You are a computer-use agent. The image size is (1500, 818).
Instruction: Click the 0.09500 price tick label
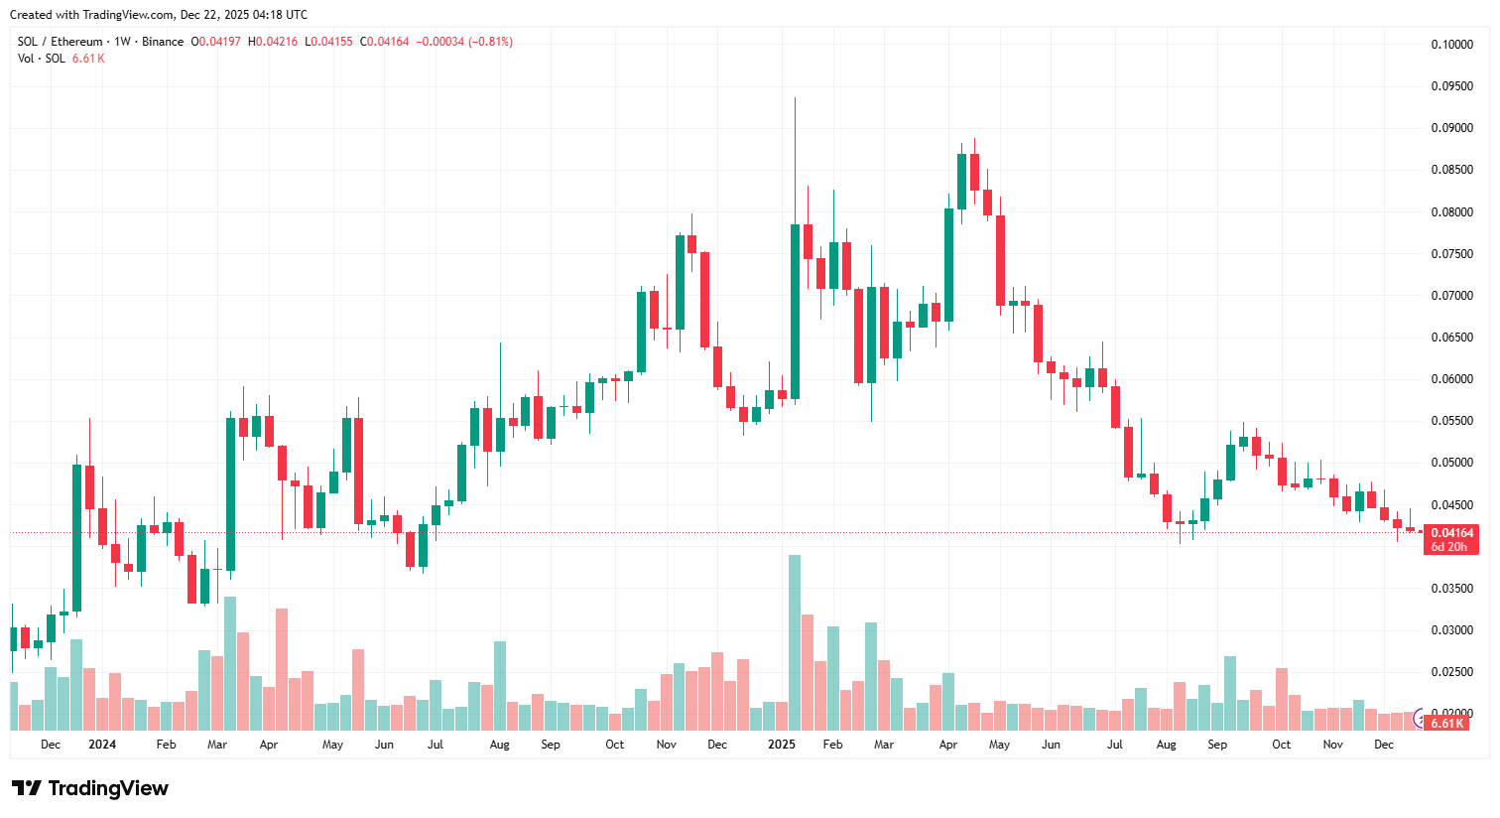click(x=1450, y=86)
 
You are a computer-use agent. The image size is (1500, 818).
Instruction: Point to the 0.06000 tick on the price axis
click(x=1450, y=379)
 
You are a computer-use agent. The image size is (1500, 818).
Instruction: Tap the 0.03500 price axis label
click(x=1450, y=589)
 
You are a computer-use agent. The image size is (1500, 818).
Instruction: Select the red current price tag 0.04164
click(x=1451, y=533)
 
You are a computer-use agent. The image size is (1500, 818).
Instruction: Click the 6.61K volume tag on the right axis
click(x=1446, y=724)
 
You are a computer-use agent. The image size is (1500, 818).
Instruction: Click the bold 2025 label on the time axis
click(x=782, y=745)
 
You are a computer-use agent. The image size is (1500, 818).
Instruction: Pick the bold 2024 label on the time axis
click(x=102, y=745)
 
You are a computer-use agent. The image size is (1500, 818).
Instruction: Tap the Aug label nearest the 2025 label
click(x=1166, y=745)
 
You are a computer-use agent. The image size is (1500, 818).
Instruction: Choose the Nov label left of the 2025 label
click(x=666, y=745)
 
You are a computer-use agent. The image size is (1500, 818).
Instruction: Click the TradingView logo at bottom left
click(x=90, y=788)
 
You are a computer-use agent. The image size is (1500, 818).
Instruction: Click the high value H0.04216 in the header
click(x=272, y=42)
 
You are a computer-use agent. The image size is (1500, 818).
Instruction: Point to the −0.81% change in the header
click(x=491, y=42)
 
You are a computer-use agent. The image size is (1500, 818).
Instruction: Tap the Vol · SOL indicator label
click(x=42, y=59)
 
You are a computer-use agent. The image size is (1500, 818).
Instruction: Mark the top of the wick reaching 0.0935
click(x=795, y=98)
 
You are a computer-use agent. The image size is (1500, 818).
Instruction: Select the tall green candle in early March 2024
click(x=230, y=493)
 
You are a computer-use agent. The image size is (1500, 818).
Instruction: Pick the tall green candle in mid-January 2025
click(x=795, y=312)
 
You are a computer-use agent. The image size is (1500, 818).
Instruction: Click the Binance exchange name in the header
click(x=163, y=42)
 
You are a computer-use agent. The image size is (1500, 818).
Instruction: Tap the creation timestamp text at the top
click(x=159, y=15)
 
